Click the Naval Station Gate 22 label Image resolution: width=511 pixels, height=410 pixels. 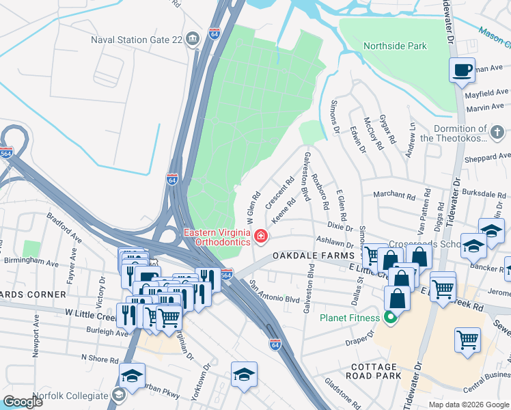137,39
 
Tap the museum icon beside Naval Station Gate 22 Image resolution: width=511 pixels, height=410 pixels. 193,38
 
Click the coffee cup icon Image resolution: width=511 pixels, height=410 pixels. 462,70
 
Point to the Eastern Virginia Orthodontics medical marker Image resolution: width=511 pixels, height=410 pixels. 260,237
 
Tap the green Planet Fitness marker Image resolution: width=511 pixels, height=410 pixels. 390,317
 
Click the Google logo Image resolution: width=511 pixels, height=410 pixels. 23,402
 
